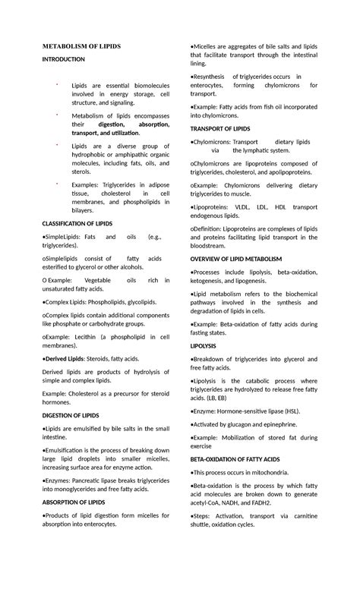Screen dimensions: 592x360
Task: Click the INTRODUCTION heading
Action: pos(64,59)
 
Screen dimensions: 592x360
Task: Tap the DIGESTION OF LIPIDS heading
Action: pos(71,416)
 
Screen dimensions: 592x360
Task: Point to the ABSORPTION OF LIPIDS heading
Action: pos(74,502)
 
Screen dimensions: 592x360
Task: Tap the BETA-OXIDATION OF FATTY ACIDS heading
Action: pos(235,460)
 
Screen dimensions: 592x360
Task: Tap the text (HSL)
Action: pos(287,411)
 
